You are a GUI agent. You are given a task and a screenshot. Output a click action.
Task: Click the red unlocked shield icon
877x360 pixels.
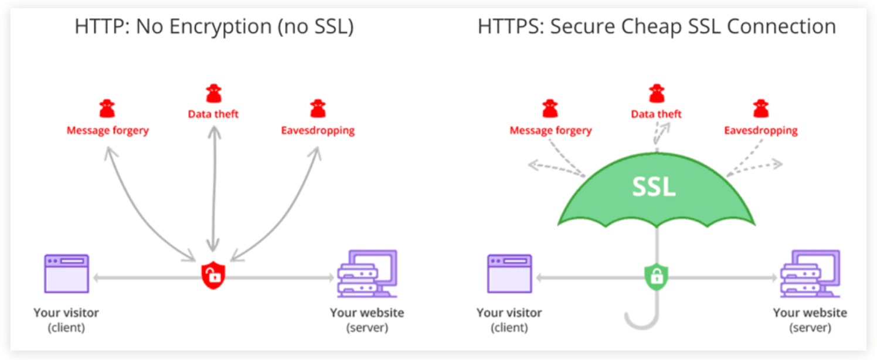[x=213, y=274]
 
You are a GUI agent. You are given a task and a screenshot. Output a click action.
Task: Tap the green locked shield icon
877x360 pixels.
[x=656, y=274]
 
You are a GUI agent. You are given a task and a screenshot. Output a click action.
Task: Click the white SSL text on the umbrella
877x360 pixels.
[x=654, y=187]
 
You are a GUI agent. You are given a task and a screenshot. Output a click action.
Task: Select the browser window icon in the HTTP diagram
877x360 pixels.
[x=67, y=273]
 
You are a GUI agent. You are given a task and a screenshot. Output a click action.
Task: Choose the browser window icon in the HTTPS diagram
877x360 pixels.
[x=509, y=273]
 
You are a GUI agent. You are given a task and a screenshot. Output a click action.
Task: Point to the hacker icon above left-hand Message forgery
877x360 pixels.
[x=107, y=108]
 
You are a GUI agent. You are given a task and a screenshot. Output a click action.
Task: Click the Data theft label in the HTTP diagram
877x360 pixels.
[x=213, y=114]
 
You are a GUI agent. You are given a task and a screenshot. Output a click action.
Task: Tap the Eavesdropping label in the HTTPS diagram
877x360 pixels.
[x=761, y=130]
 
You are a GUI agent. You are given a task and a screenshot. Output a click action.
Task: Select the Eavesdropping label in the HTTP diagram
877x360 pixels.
[x=318, y=130]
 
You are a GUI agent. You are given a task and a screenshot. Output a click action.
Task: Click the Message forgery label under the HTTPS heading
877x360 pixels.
[x=550, y=130]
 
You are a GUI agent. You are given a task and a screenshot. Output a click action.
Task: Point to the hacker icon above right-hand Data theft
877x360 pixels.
[x=657, y=93]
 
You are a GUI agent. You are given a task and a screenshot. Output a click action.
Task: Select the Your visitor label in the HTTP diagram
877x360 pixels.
[x=66, y=313]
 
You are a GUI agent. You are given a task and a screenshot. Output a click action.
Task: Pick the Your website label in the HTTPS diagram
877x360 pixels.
[x=810, y=313]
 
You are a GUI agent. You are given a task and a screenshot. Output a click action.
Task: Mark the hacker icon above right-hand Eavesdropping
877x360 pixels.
[x=761, y=108]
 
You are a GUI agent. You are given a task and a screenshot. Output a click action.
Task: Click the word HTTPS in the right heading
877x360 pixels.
[x=508, y=27]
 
